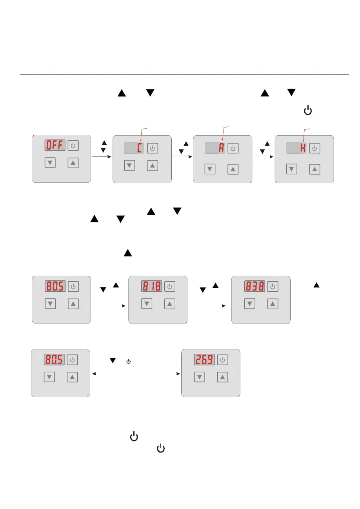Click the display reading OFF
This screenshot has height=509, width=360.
[x=55, y=146]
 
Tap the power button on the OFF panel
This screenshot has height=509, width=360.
[x=73, y=146]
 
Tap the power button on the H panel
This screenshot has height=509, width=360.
[x=315, y=149]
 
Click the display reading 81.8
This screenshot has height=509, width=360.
[x=151, y=287]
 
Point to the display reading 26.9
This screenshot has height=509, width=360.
[x=204, y=360]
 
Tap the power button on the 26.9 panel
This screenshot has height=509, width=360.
[x=222, y=360]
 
